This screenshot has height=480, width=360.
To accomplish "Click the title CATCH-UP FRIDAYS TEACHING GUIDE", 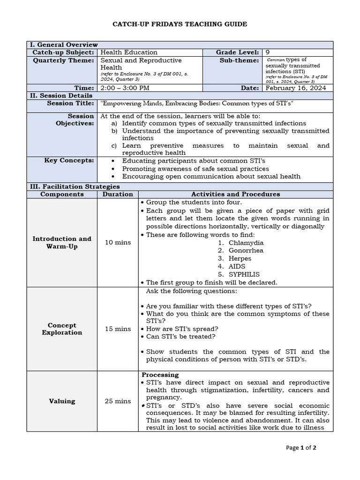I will [180, 24].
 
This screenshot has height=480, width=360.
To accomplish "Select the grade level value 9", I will [268, 52].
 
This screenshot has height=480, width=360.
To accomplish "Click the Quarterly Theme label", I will [63, 60].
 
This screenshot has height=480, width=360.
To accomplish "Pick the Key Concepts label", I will [69, 160].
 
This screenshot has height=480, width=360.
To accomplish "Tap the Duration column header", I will [118, 194].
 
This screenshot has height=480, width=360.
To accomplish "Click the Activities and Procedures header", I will [235, 194].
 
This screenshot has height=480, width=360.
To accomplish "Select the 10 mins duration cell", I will [118, 242].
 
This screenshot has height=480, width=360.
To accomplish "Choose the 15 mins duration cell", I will [118, 329].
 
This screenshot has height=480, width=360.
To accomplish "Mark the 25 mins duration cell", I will [118, 401].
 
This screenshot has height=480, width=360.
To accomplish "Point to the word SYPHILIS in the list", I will [244, 274].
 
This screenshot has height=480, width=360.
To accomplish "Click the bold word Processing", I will [160, 375].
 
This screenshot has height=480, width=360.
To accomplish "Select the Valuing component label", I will [62, 401].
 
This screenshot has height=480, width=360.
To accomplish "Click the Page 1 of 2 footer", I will [301, 448].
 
